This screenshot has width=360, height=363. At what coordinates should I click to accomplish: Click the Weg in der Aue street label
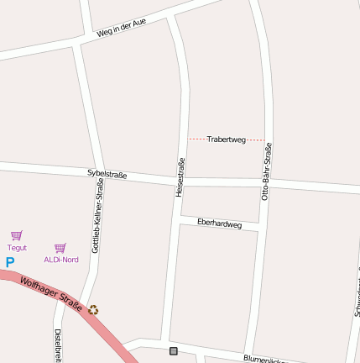click(x=121, y=28)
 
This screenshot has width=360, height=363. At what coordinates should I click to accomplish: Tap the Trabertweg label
click(x=226, y=139)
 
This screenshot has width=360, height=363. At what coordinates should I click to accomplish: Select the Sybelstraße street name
click(x=107, y=174)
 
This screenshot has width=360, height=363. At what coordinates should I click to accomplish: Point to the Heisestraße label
click(x=180, y=177)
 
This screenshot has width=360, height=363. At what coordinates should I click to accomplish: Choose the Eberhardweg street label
click(x=219, y=224)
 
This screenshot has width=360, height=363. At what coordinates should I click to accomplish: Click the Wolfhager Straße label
click(x=51, y=295)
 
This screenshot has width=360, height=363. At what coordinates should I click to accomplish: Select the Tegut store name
click(x=17, y=248)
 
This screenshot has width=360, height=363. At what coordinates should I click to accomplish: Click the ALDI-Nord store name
click(x=61, y=260)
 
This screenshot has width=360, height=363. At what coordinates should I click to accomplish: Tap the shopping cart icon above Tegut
click(x=16, y=235)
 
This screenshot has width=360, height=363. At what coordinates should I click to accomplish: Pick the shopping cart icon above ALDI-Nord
click(x=60, y=248)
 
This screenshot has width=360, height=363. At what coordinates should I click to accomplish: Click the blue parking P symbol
click(x=10, y=262)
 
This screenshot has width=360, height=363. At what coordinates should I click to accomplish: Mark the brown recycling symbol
click(x=93, y=310)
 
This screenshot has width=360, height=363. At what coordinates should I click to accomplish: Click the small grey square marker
click(x=174, y=350)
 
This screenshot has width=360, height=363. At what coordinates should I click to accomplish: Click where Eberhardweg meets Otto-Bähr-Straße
click(x=260, y=229)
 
